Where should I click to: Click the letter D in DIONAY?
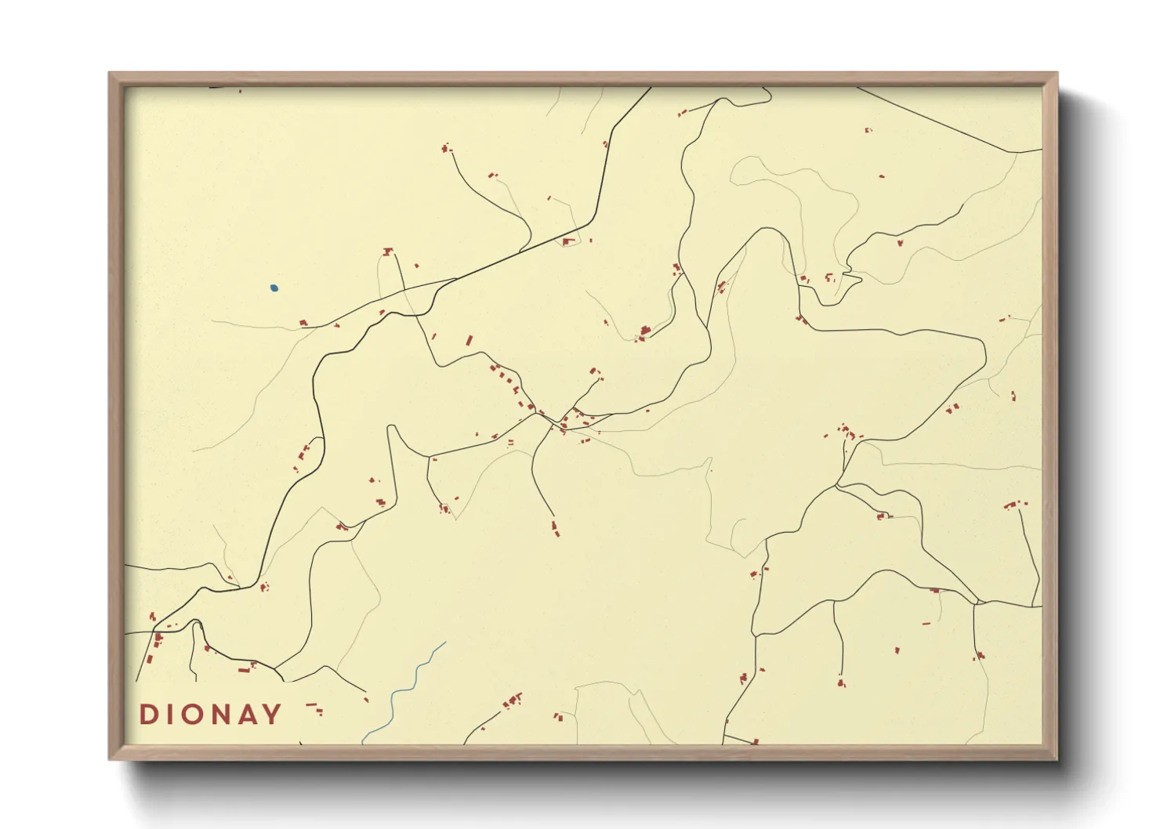(x=147, y=715)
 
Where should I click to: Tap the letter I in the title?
(x=169, y=715)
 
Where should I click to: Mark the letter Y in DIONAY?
(x=272, y=715)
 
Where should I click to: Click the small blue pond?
(x=274, y=288)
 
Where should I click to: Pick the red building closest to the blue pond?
(x=303, y=322)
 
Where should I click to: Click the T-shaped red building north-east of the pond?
(x=387, y=252)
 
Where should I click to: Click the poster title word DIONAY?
(x=210, y=715)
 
